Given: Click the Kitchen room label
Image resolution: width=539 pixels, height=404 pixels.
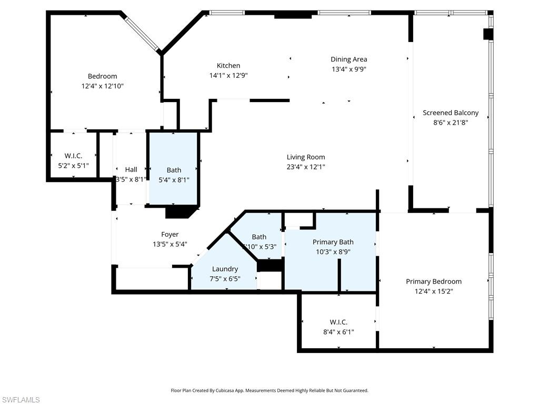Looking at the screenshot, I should tap(228, 66).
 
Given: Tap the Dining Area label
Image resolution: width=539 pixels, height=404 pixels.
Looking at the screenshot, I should tap(348, 59).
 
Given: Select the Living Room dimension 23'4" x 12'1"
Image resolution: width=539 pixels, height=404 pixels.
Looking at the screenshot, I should tap(306, 167).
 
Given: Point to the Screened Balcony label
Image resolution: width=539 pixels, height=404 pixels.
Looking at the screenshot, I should tap(451, 113).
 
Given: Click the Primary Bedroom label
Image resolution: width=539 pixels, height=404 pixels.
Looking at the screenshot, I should tap(433, 281).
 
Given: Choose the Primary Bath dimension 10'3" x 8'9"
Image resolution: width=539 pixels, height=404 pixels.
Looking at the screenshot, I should tap(333, 251).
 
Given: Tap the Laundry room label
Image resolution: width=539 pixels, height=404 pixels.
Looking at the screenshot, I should tap(225, 269).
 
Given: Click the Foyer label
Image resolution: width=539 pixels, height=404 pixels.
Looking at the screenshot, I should tap(169, 235).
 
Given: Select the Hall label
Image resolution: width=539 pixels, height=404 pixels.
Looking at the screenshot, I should tap(131, 169).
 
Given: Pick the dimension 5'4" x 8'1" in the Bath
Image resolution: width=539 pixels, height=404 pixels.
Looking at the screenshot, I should tap(174, 179).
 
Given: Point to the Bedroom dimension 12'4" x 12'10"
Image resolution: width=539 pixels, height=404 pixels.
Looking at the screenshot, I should tap(102, 86).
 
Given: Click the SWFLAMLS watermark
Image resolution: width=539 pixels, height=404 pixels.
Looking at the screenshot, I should tap(21, 400).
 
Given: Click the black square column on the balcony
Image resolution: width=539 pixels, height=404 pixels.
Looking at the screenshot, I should tap(488, 34).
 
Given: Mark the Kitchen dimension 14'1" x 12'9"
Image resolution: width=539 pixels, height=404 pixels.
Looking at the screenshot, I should tap(228, 75).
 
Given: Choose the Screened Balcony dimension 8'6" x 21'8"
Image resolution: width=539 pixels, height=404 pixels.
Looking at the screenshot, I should tap(451, 122).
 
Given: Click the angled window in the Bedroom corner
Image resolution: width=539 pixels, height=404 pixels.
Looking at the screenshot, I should tap(142, 33).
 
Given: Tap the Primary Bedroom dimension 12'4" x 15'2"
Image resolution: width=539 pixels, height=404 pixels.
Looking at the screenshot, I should tap(433, 291).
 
